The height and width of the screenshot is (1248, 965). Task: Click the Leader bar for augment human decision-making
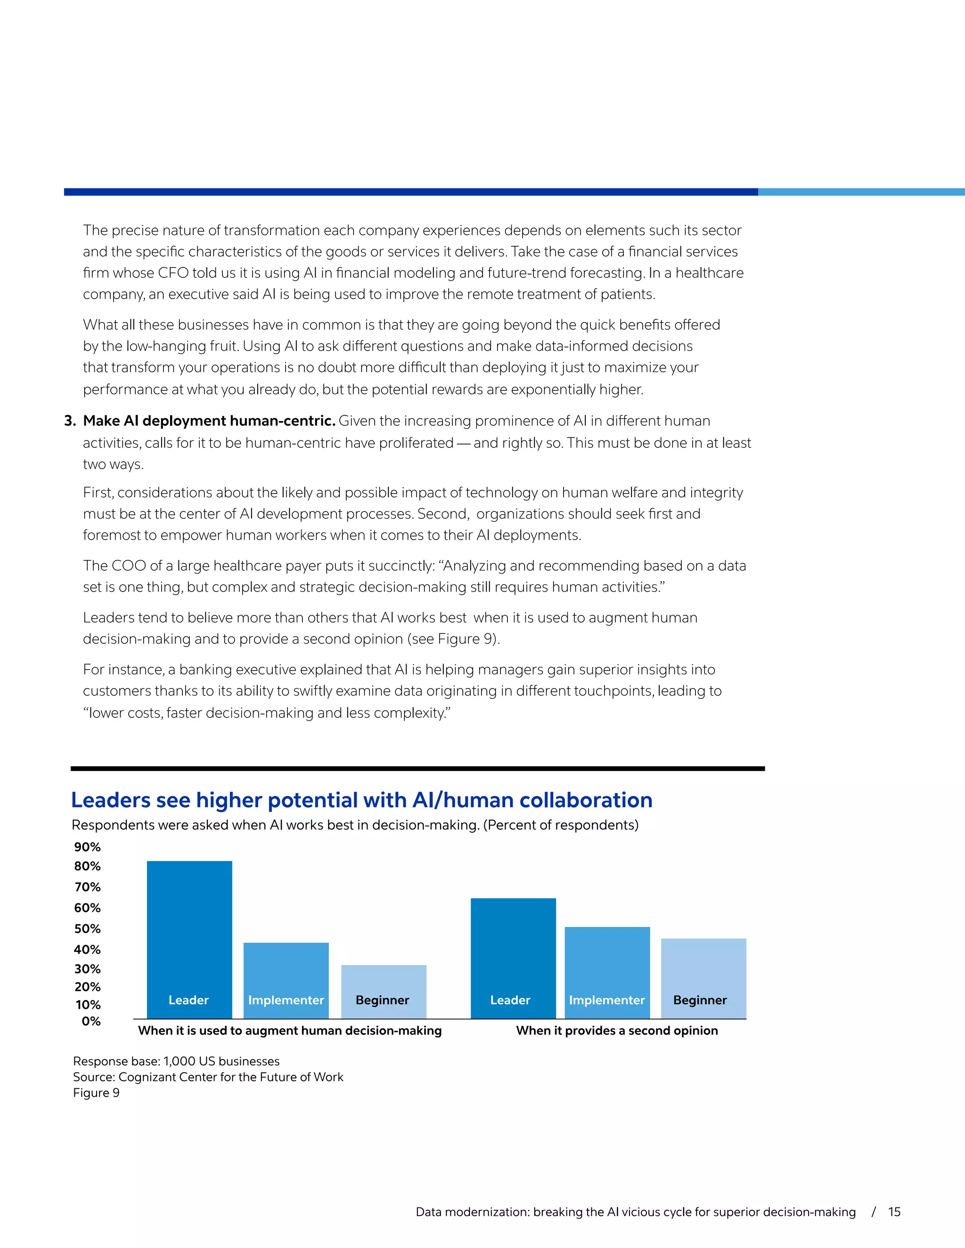(189, 940)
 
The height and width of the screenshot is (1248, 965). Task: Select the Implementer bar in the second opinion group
(607, 972)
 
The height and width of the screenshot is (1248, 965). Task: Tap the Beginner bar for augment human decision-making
(384, 991)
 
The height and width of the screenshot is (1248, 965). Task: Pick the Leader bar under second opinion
(513, 958)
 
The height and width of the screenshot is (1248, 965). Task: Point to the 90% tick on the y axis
(88, 847)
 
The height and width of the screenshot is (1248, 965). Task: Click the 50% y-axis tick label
(88, 929)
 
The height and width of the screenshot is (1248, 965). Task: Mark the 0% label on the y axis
(91, 1021)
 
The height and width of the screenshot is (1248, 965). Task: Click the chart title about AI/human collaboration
(361, 800)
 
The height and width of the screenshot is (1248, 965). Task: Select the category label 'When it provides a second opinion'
(617, 1030)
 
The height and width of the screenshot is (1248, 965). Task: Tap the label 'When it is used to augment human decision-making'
(290, 1030)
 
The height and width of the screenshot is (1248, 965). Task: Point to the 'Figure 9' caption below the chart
(96, 1093)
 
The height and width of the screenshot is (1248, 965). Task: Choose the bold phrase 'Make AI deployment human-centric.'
(209, 421)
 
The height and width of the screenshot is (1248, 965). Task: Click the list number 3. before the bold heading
(70, 421)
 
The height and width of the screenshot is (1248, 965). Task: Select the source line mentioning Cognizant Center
(208, 1077)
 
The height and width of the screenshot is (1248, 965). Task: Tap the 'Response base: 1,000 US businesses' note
(176, 1061)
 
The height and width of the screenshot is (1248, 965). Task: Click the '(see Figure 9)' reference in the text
(453, 639)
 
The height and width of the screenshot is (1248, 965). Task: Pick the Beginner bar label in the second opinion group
(700, 1000)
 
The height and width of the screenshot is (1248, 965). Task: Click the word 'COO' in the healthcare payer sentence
(129, 566)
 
